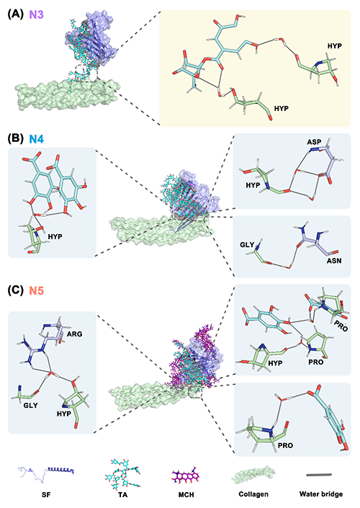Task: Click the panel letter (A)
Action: tap(16, 14)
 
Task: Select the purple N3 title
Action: tap(36, 14)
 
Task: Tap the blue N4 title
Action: tap(36, 139)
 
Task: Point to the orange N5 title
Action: tap(36, 290)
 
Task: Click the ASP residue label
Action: tap(314, 142)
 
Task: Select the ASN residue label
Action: tap(334, 260)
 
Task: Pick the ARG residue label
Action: tap(74, 334)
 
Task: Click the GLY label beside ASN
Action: tap(247, 244)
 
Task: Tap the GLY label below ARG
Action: tap(30, 405)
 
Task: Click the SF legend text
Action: tap(46, 494)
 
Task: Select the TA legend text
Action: tap(122, 494)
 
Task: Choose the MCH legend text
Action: tap(186, 494)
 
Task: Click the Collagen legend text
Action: tap(253, 494)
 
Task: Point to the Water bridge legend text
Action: tap(321, 494)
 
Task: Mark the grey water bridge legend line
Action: tap(319, 475)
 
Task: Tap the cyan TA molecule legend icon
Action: tap(122, 474)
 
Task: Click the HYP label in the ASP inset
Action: tap(253, 185)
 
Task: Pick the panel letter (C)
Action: tap(16, 290)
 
